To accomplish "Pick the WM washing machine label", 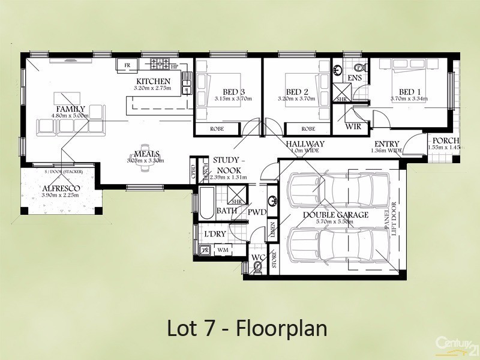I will pos(222,250).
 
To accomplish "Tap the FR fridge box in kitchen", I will pos(127,65).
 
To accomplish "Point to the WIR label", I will pos(353,127).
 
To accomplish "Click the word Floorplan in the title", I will pos(282,329).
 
